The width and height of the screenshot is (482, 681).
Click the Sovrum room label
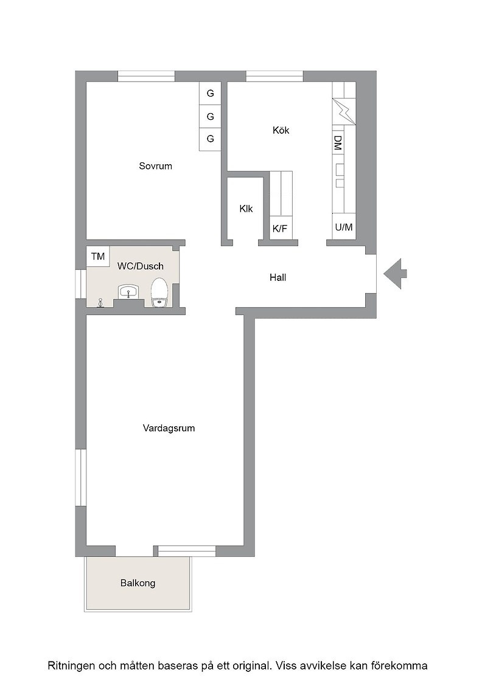pyautogui.click(x=155, y=166)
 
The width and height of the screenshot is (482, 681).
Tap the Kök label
pyautogui.click(x=281, y=130)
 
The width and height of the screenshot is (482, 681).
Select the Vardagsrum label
pyautogui.click(x=169, y=428)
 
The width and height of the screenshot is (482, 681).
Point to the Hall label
pyautogui.click(x=278, y=277)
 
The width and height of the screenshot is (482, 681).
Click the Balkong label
pyautogui.click(x=138, y=583)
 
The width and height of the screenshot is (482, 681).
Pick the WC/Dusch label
pyautogui.click(x=141, y=266)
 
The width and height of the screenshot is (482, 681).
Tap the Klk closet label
pyautogui.click(x=246, y=209)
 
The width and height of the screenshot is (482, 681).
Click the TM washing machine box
pyautogui.click(x=98, y=256)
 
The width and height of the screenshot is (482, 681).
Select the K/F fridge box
pyautogui.click(x=281, y=228)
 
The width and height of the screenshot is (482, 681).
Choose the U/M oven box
pyautogui.click(x=344, y=227)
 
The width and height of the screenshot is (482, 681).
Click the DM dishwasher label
pyautogui.click(x=337, y=143)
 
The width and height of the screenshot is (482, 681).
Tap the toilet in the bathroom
pyautogui.click(x=159, y=292)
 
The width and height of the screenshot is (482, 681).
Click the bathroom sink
pyautogui.click(x=128, y=291)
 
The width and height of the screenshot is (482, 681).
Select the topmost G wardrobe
pyautogui.click(x=211, y=94)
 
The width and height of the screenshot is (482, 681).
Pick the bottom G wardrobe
pyautogui.click(x=211, y=139)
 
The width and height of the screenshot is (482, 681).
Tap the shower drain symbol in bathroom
pyautogui.click(x=101, y=302)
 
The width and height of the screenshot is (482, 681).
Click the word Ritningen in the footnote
pyautogui.click(x=71, y=666)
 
